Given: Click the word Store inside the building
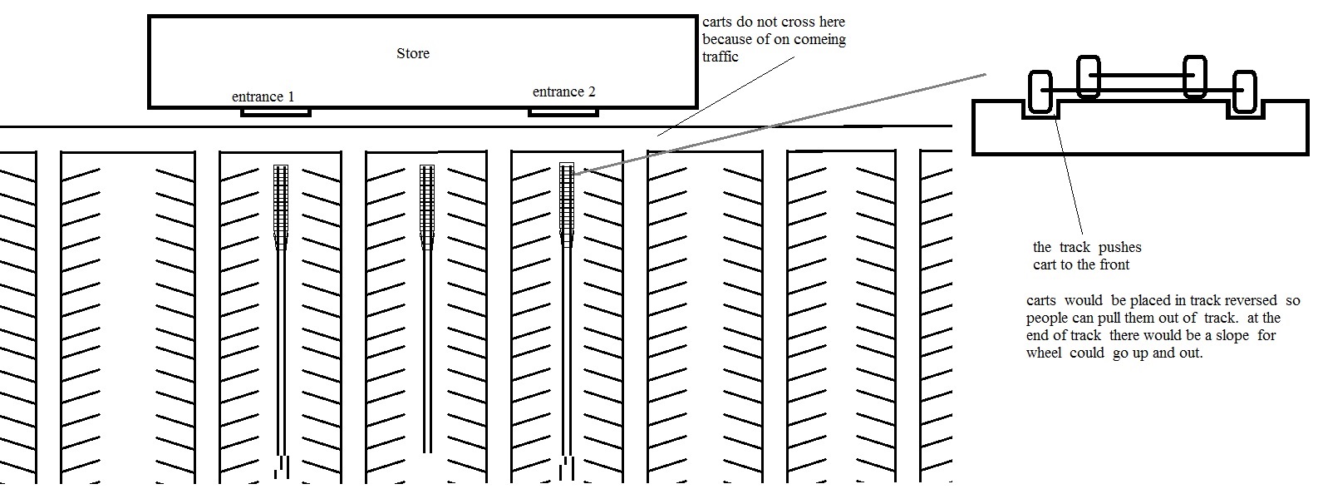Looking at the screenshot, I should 413,54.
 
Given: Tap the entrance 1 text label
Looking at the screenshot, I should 263,96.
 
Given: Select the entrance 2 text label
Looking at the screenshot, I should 563,91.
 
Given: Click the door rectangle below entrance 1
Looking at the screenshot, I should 275,111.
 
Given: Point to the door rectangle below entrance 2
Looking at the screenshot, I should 563,111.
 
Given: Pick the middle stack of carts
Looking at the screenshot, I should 427,204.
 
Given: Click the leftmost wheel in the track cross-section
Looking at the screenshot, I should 1040,91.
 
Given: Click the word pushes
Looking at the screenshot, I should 1120,247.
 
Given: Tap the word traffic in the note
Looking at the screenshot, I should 721,57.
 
